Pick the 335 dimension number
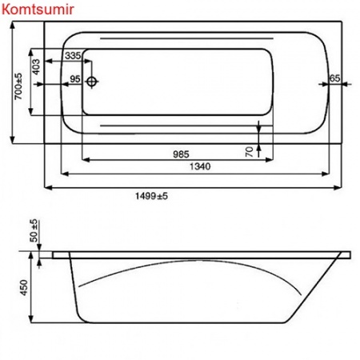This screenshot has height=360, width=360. point(73,55)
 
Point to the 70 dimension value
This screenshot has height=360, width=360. point(250,150)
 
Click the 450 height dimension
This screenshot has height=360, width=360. point(24,286)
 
